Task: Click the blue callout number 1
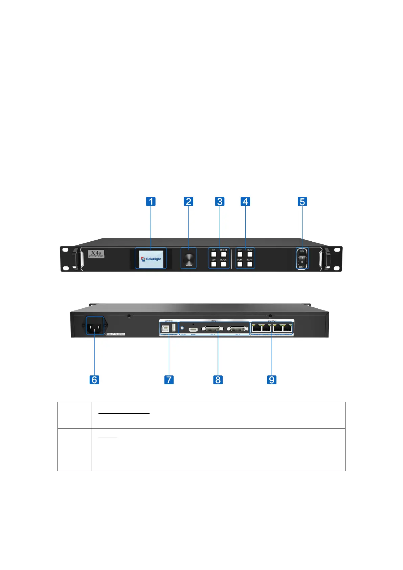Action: [151, 201]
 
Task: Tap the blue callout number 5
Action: [302, 202]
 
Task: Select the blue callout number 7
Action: [169, 380]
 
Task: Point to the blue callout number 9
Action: [272, 380]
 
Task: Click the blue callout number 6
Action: [94, 380]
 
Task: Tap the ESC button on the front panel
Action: [214, 264]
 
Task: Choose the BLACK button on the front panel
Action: [223, 264]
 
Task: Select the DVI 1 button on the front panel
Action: [240, 254]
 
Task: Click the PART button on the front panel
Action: [250, 264]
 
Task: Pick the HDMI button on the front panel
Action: [240, 264]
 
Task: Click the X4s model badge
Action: [96, 254]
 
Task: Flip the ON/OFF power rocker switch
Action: [302, 260]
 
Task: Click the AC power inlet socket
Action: [95, 327]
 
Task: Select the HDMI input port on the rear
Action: [193, 329]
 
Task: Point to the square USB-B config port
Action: [165, 328]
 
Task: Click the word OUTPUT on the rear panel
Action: [272, 321]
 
